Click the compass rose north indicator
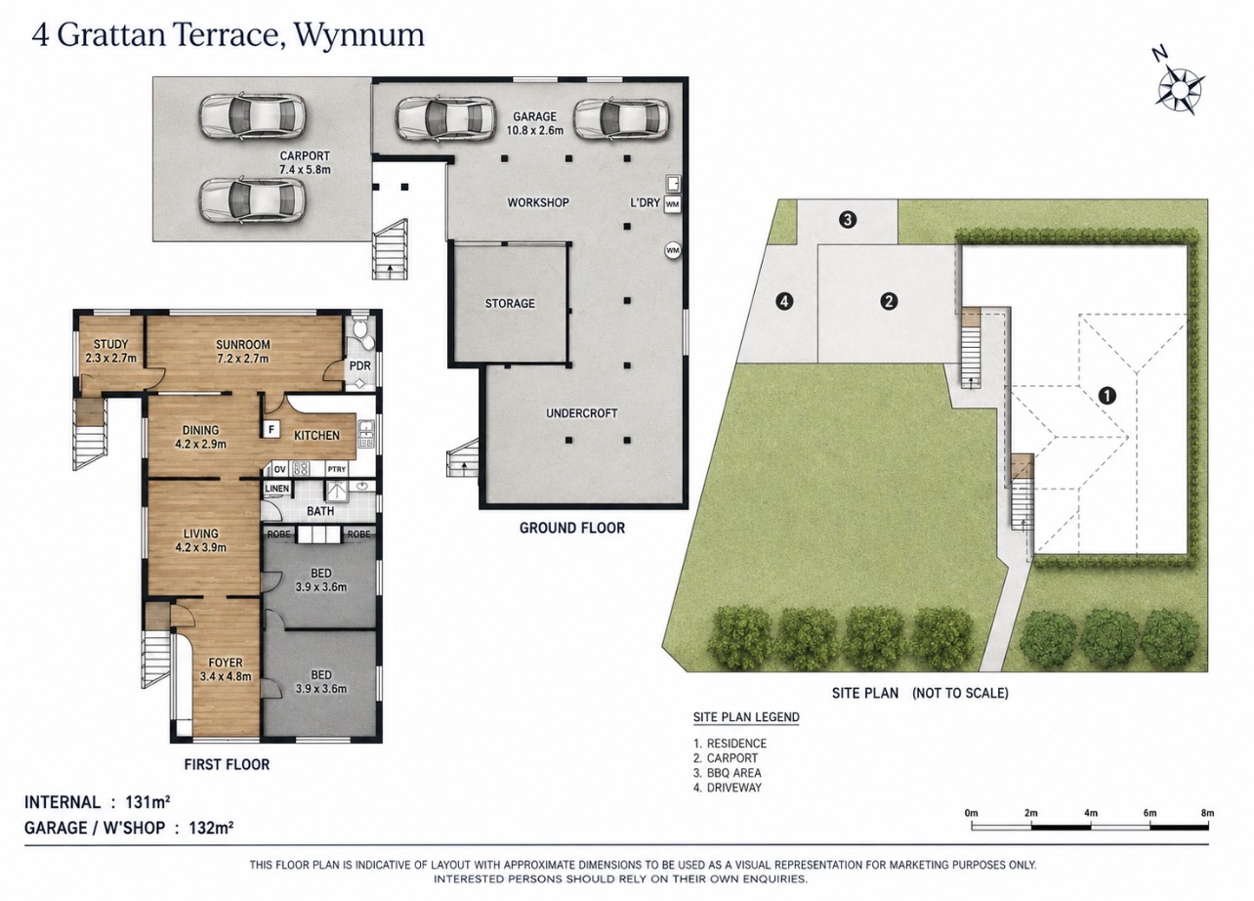[1180, 89]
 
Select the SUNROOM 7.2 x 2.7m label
[243, 352]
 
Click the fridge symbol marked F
[272, 430]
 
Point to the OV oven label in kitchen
[280, 469]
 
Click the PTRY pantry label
[337, 469]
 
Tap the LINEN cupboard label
[277, 489]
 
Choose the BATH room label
[320, 511]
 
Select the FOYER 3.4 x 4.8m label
[226, 669]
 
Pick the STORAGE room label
[510, 304]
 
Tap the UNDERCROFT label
[582, 413]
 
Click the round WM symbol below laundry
[673, 250]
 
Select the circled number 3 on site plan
[848, 220]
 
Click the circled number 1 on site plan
[1107, 396]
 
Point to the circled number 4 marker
[784, 302]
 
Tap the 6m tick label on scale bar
[1149, 813]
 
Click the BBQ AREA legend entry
[728, 773]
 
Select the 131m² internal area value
[147, 802]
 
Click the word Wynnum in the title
[359, 36]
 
